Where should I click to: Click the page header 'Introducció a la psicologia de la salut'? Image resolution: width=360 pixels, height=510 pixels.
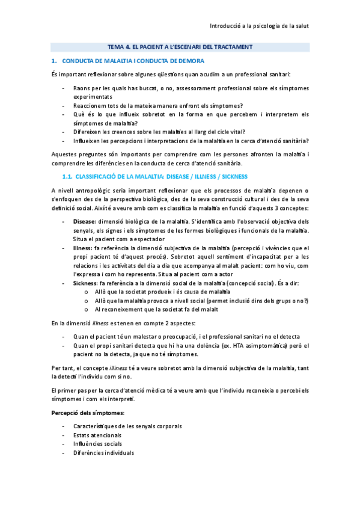click(258, 26)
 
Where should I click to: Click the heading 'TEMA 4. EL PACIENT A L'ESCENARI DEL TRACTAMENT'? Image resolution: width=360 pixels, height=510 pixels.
click(180, 46)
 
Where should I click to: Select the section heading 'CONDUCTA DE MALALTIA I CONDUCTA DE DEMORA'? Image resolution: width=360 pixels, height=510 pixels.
click(133, 61)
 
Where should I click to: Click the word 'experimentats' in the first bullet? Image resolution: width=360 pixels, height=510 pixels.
click(93, 96)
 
